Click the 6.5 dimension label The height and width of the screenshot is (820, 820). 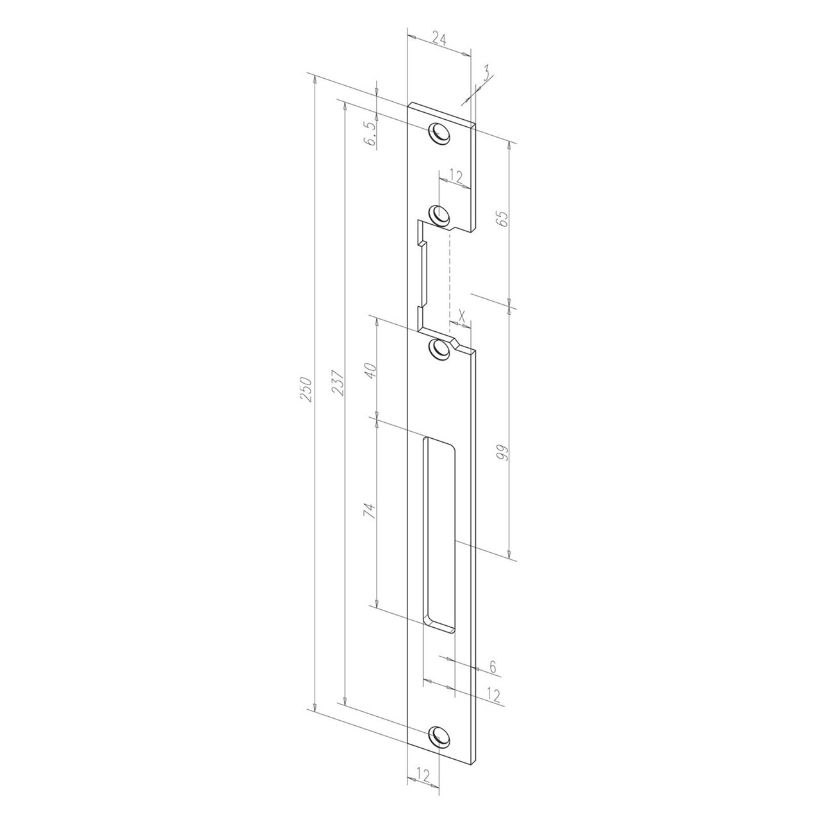click(x=370, y=134)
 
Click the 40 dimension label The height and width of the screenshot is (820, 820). click(x=370, y=370)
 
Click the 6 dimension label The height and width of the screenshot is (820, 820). click(x=493, y=666)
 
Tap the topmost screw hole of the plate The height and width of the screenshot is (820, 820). click(x=439, y=133)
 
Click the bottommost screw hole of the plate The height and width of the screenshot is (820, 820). click(x=439, y=735)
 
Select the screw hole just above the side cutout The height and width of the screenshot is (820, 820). click(x=439, y=214)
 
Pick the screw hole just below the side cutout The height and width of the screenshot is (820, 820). click(x=439, y=349)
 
